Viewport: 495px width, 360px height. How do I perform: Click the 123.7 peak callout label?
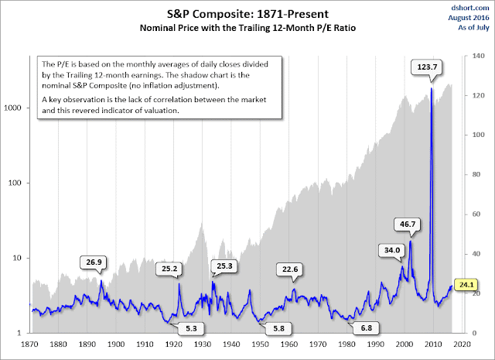pyautogui.click(x=425, y=68)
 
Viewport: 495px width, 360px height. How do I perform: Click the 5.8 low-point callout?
pyautogui.click(x=276, y=328)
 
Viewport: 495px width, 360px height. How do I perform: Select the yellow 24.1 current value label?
pyautogui.click(x=466, y=284)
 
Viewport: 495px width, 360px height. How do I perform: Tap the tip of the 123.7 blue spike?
pyautogui.click(x=431, y=90)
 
